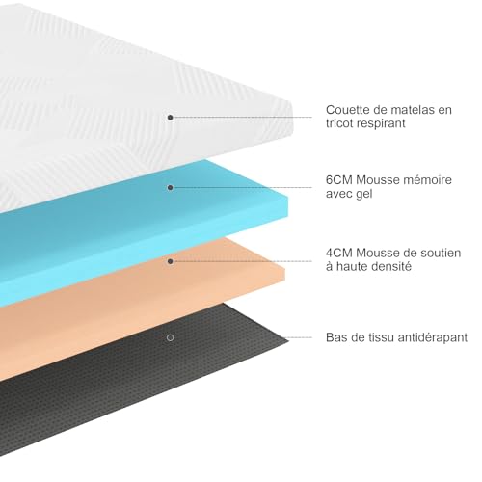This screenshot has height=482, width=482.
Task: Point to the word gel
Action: tap(364, 194)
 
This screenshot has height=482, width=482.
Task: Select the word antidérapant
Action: tap(432, 337)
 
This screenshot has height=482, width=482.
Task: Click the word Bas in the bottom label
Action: tap(335, 337)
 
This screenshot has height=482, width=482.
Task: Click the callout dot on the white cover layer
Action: tap(171, 118)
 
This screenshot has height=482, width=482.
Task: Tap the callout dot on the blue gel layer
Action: tap(171, 188)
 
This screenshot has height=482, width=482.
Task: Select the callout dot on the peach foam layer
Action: tap(171, 261)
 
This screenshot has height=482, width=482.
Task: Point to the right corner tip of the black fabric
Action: tap(288, 338)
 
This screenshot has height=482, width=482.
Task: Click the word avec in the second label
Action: tap(339, 194)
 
